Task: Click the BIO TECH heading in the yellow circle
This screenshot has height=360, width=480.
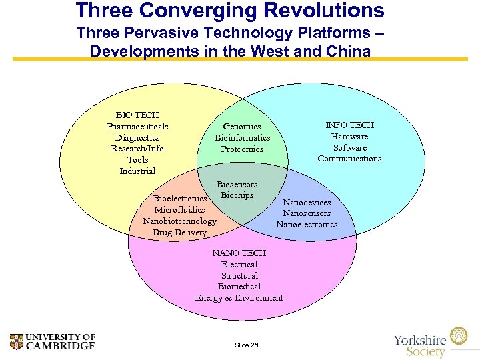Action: click(137, 115)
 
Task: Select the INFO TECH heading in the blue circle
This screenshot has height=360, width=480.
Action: click(349, 125)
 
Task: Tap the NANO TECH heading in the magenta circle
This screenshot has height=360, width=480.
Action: click(239, 253)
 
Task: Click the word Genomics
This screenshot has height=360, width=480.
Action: click(242, 127)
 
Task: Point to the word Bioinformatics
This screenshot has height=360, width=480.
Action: click(242, 138)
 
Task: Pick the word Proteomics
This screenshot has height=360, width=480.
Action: click(242, 149)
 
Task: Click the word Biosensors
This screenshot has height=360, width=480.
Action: click(237, 184)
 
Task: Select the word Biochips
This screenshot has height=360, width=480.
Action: click(237, 195)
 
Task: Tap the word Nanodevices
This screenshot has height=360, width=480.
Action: click(307, 202)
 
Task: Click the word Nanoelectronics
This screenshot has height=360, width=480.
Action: click(307, 225)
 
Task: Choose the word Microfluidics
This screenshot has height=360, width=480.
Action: click(179, 210)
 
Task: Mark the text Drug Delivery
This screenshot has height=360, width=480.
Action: click(179, 233)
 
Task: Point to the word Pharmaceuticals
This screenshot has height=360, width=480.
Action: click(137, 127)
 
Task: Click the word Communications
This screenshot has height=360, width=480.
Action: click(349, 159)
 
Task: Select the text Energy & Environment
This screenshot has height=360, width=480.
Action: click(239, 298)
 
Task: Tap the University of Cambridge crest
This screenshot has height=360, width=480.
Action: click(17, 342)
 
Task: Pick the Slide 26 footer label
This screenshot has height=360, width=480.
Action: click(247, 345)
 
